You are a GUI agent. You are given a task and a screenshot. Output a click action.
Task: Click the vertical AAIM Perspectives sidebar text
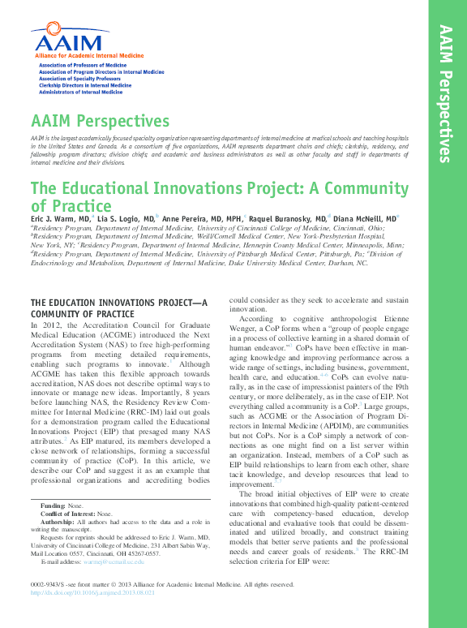click(x=444, y=93)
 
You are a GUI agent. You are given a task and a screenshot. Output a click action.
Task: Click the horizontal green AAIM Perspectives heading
click(x=100, y=122)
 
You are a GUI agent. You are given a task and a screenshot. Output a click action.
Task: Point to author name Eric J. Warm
click(x=61, y=219)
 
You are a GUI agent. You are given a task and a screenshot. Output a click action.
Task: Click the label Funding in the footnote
click(x=53, y=505)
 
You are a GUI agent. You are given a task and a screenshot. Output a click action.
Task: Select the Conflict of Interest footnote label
click(x=68, y=514)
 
